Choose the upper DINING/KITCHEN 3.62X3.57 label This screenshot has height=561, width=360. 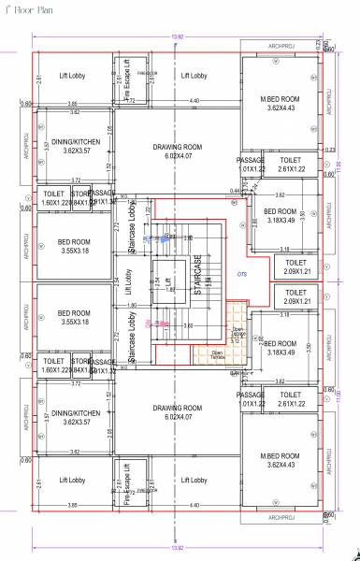[x=74, y=144]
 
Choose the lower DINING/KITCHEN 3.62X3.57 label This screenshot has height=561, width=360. [x=74, y=416]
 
